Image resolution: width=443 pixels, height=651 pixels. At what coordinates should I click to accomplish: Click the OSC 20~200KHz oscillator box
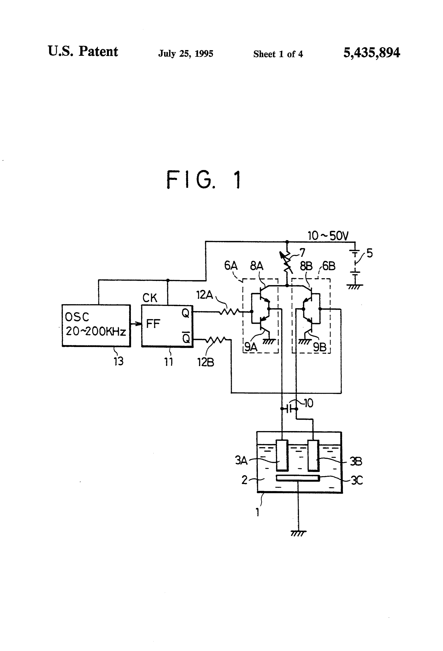click(x=96, y=325)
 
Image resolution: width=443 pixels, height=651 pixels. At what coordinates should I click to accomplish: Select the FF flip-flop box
click(x=167, y=326)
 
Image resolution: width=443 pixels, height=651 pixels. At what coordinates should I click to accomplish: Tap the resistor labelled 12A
click(x=229, y=311)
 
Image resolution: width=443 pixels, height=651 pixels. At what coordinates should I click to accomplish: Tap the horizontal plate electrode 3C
click(x=298, y=478)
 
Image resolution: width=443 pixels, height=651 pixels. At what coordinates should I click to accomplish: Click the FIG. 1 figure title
click(x=204, y=180)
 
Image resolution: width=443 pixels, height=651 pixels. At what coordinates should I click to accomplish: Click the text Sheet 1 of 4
click(x=278, y=54)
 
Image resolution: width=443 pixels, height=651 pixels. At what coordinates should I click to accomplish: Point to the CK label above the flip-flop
click(x=150, y=298)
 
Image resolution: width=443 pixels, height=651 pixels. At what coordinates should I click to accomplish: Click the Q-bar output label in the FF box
click(x=186, y=338)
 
